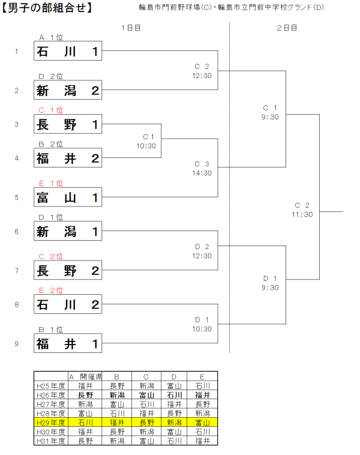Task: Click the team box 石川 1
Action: pyautogui.click(x=68, y=52)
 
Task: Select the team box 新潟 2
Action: pyautogui.click(x=68, y=90)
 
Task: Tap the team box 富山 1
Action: pyautogui.click(x=68, y=197)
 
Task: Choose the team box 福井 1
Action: pyautogui.click(x=68, y=343)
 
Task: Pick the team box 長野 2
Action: pyautogui.click(x=68, y=270)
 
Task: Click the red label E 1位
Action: pyautogui.click(x=51, y=184)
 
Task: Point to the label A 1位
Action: pyautogui.click(x=51, y=37)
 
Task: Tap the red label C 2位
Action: pyautogui.click(x=51, y=256)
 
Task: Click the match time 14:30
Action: pyautogui.click(x=202, y=173)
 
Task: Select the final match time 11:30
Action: pyautogui.click(x=302, y=214)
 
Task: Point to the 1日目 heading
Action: pyautogui.click(x=131, y=28)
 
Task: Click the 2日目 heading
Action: pyautogui.click(x=287, y=28)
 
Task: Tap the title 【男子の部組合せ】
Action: pyautogui.click(x=47, y=8)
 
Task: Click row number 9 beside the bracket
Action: pyautogui.click(x=17, y=344)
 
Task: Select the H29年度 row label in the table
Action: pyautogui.click(x=50, y=423)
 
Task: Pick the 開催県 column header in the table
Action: pyautogui.click(x=88, y=377)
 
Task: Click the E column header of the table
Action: pyautogui.click(x=202, y=377)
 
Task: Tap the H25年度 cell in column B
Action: pyautogui.click(x=117, y=386)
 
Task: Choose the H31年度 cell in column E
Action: pyautogui.click(x=202, y=441)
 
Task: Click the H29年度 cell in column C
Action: pyautogui.click(x=146, y=423)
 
